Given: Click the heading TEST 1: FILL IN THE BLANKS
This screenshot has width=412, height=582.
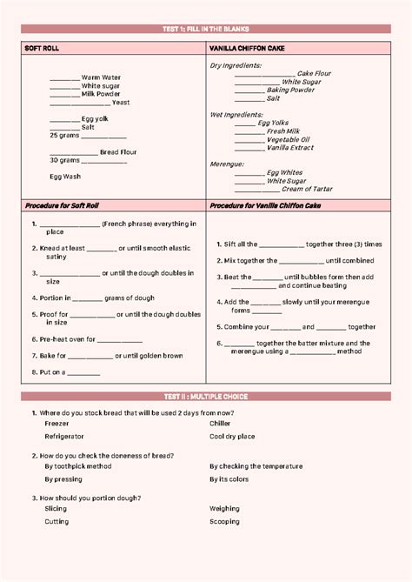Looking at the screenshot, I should tap(205, 30).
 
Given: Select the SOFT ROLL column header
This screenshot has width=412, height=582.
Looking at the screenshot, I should tap(43, 48).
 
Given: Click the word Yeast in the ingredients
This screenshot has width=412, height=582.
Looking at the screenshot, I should tap(121, 103).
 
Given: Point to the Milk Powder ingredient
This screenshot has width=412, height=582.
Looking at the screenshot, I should tap(101, 94).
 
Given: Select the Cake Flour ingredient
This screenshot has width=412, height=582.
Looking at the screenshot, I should tap(314, 74).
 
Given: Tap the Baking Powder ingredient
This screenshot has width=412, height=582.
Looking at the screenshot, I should tap(290, 90).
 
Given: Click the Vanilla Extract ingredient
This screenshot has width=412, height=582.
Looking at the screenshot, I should tap(291, 148).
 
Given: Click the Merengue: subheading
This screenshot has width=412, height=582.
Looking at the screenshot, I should tap(227, 164).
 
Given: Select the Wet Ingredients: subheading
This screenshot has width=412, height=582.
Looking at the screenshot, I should tap(236, 114).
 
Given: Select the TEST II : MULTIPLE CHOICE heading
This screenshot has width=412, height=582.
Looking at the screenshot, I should tap(205, 397).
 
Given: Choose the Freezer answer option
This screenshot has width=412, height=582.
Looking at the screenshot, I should tap(56, 424).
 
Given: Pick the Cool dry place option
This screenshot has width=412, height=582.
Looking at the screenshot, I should tap(232, 437).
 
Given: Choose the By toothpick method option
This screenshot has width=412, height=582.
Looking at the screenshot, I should tap(78, 466).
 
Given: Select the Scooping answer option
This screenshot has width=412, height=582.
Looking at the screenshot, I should tap(224, 522).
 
